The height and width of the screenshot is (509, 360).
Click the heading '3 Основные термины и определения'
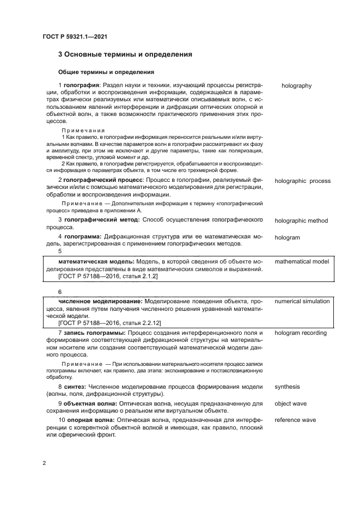[125, 55]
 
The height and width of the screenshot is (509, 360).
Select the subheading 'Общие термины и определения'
[106, 72]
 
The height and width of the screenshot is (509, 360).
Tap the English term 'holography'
[296, 85]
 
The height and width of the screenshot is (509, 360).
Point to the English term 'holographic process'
[302, 181]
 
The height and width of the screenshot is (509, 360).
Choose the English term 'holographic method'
[301, 220]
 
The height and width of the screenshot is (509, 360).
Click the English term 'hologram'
[288, 238]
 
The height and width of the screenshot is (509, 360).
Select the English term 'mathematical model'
[302, 262]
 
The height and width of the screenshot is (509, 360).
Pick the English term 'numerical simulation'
[302, 301]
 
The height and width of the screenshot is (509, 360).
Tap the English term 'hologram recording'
[300, 332]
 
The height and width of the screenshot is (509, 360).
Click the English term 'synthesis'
[287, 387]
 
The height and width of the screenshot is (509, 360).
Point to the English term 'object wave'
[290, 403]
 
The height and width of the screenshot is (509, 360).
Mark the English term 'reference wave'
[295, 420]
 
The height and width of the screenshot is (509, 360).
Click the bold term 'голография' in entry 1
[81, 85]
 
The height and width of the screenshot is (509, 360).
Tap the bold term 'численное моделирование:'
[96, 301]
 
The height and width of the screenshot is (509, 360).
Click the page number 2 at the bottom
[44, 463]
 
